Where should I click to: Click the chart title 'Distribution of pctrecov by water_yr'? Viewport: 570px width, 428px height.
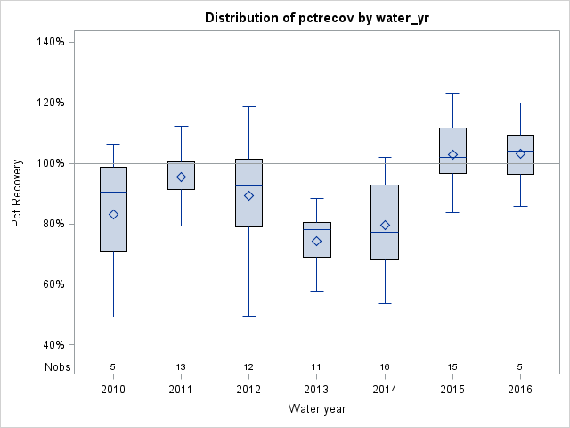pyautogui.click(x=316, y=18)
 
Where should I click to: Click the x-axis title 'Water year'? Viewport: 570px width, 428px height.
pyautogui.click(x=316, y=408)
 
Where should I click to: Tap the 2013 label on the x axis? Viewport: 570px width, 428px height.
pyautogui.click(x=316, y=389)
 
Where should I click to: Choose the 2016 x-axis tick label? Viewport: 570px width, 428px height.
pyautogui.click(x=520, y=389)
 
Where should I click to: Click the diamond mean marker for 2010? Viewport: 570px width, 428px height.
pyautogui.click(x=113, y=214)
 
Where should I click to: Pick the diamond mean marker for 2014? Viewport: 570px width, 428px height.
pyautogui.click(x=385, y=226)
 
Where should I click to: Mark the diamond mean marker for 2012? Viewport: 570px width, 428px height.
pyautogui.click(x=248, y=195)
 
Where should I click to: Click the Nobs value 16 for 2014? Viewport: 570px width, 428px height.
pyautogui.click(x=385, y=366)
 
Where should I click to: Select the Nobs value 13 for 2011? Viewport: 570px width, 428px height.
pyautogui.click(x=181, y=366)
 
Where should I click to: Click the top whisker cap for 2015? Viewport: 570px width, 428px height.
pyautogui.click(x=452, y=93)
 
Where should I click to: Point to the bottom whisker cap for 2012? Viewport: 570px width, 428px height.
pyautogui.click(x=248, y=316)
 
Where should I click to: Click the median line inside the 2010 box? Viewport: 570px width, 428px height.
pyautogui.click(x=113, y=192)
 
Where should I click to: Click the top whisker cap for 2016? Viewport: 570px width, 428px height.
pyautogui.click(x=520, y=103)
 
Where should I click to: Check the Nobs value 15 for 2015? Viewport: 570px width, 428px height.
pyautogui.click(x=452, y=366)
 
